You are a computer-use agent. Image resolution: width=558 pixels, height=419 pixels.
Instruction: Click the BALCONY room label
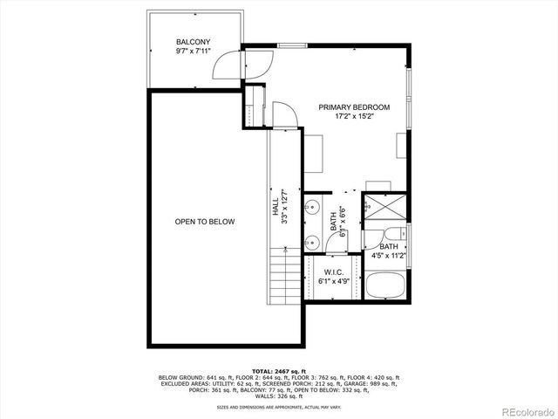point(192,42)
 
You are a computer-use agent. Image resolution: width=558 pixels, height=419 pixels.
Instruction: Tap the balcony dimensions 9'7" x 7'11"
point(192,52)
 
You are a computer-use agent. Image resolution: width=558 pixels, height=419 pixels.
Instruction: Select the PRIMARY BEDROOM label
point(353,107)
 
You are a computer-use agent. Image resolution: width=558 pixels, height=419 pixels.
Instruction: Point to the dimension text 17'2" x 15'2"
point(353,117)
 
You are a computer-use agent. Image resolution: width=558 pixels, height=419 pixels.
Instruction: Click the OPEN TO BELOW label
point(205,223)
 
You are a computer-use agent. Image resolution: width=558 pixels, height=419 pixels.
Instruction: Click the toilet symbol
point(394,234)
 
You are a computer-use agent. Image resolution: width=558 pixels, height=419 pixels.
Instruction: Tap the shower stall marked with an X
point(383,207)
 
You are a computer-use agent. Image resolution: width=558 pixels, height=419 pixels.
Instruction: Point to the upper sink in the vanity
point(311,209)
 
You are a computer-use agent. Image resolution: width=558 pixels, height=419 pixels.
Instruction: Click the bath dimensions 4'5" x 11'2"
point(388,257)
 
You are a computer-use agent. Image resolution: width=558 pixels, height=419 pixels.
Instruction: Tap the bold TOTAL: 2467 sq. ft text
point(278,371)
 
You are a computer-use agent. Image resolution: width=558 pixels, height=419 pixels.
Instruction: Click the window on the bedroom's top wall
point(292,45)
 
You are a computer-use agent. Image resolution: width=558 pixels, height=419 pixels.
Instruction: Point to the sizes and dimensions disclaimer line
point(278,406)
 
